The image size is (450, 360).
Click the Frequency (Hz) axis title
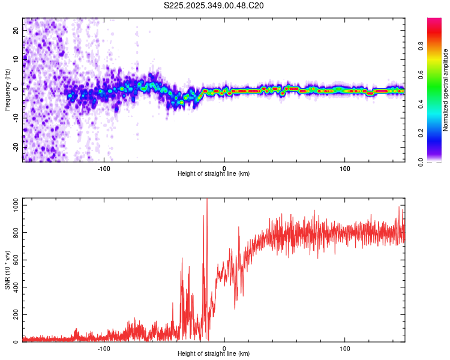[x=7, y=89]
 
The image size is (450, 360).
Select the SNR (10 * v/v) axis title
[x=7, y=269]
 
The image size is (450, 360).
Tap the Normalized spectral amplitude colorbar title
[x=445, y=89]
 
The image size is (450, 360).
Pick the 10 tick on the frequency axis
[x=16, y=59]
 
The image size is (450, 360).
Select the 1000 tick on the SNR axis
[x=11, y=205]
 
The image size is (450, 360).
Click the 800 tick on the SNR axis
[x=13, y=233]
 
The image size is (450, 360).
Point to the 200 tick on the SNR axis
[x=13, y=315]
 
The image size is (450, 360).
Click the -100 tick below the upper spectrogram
[x=104, y=167]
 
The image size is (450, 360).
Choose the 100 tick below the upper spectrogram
[x=345, y=167]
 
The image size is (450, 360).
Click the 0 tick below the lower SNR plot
[x=224, y=348]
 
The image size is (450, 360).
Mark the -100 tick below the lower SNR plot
[x=104, y=348]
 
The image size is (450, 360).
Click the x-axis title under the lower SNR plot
[x=214, y=354]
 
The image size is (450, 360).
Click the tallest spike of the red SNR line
[x=207, y=200]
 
